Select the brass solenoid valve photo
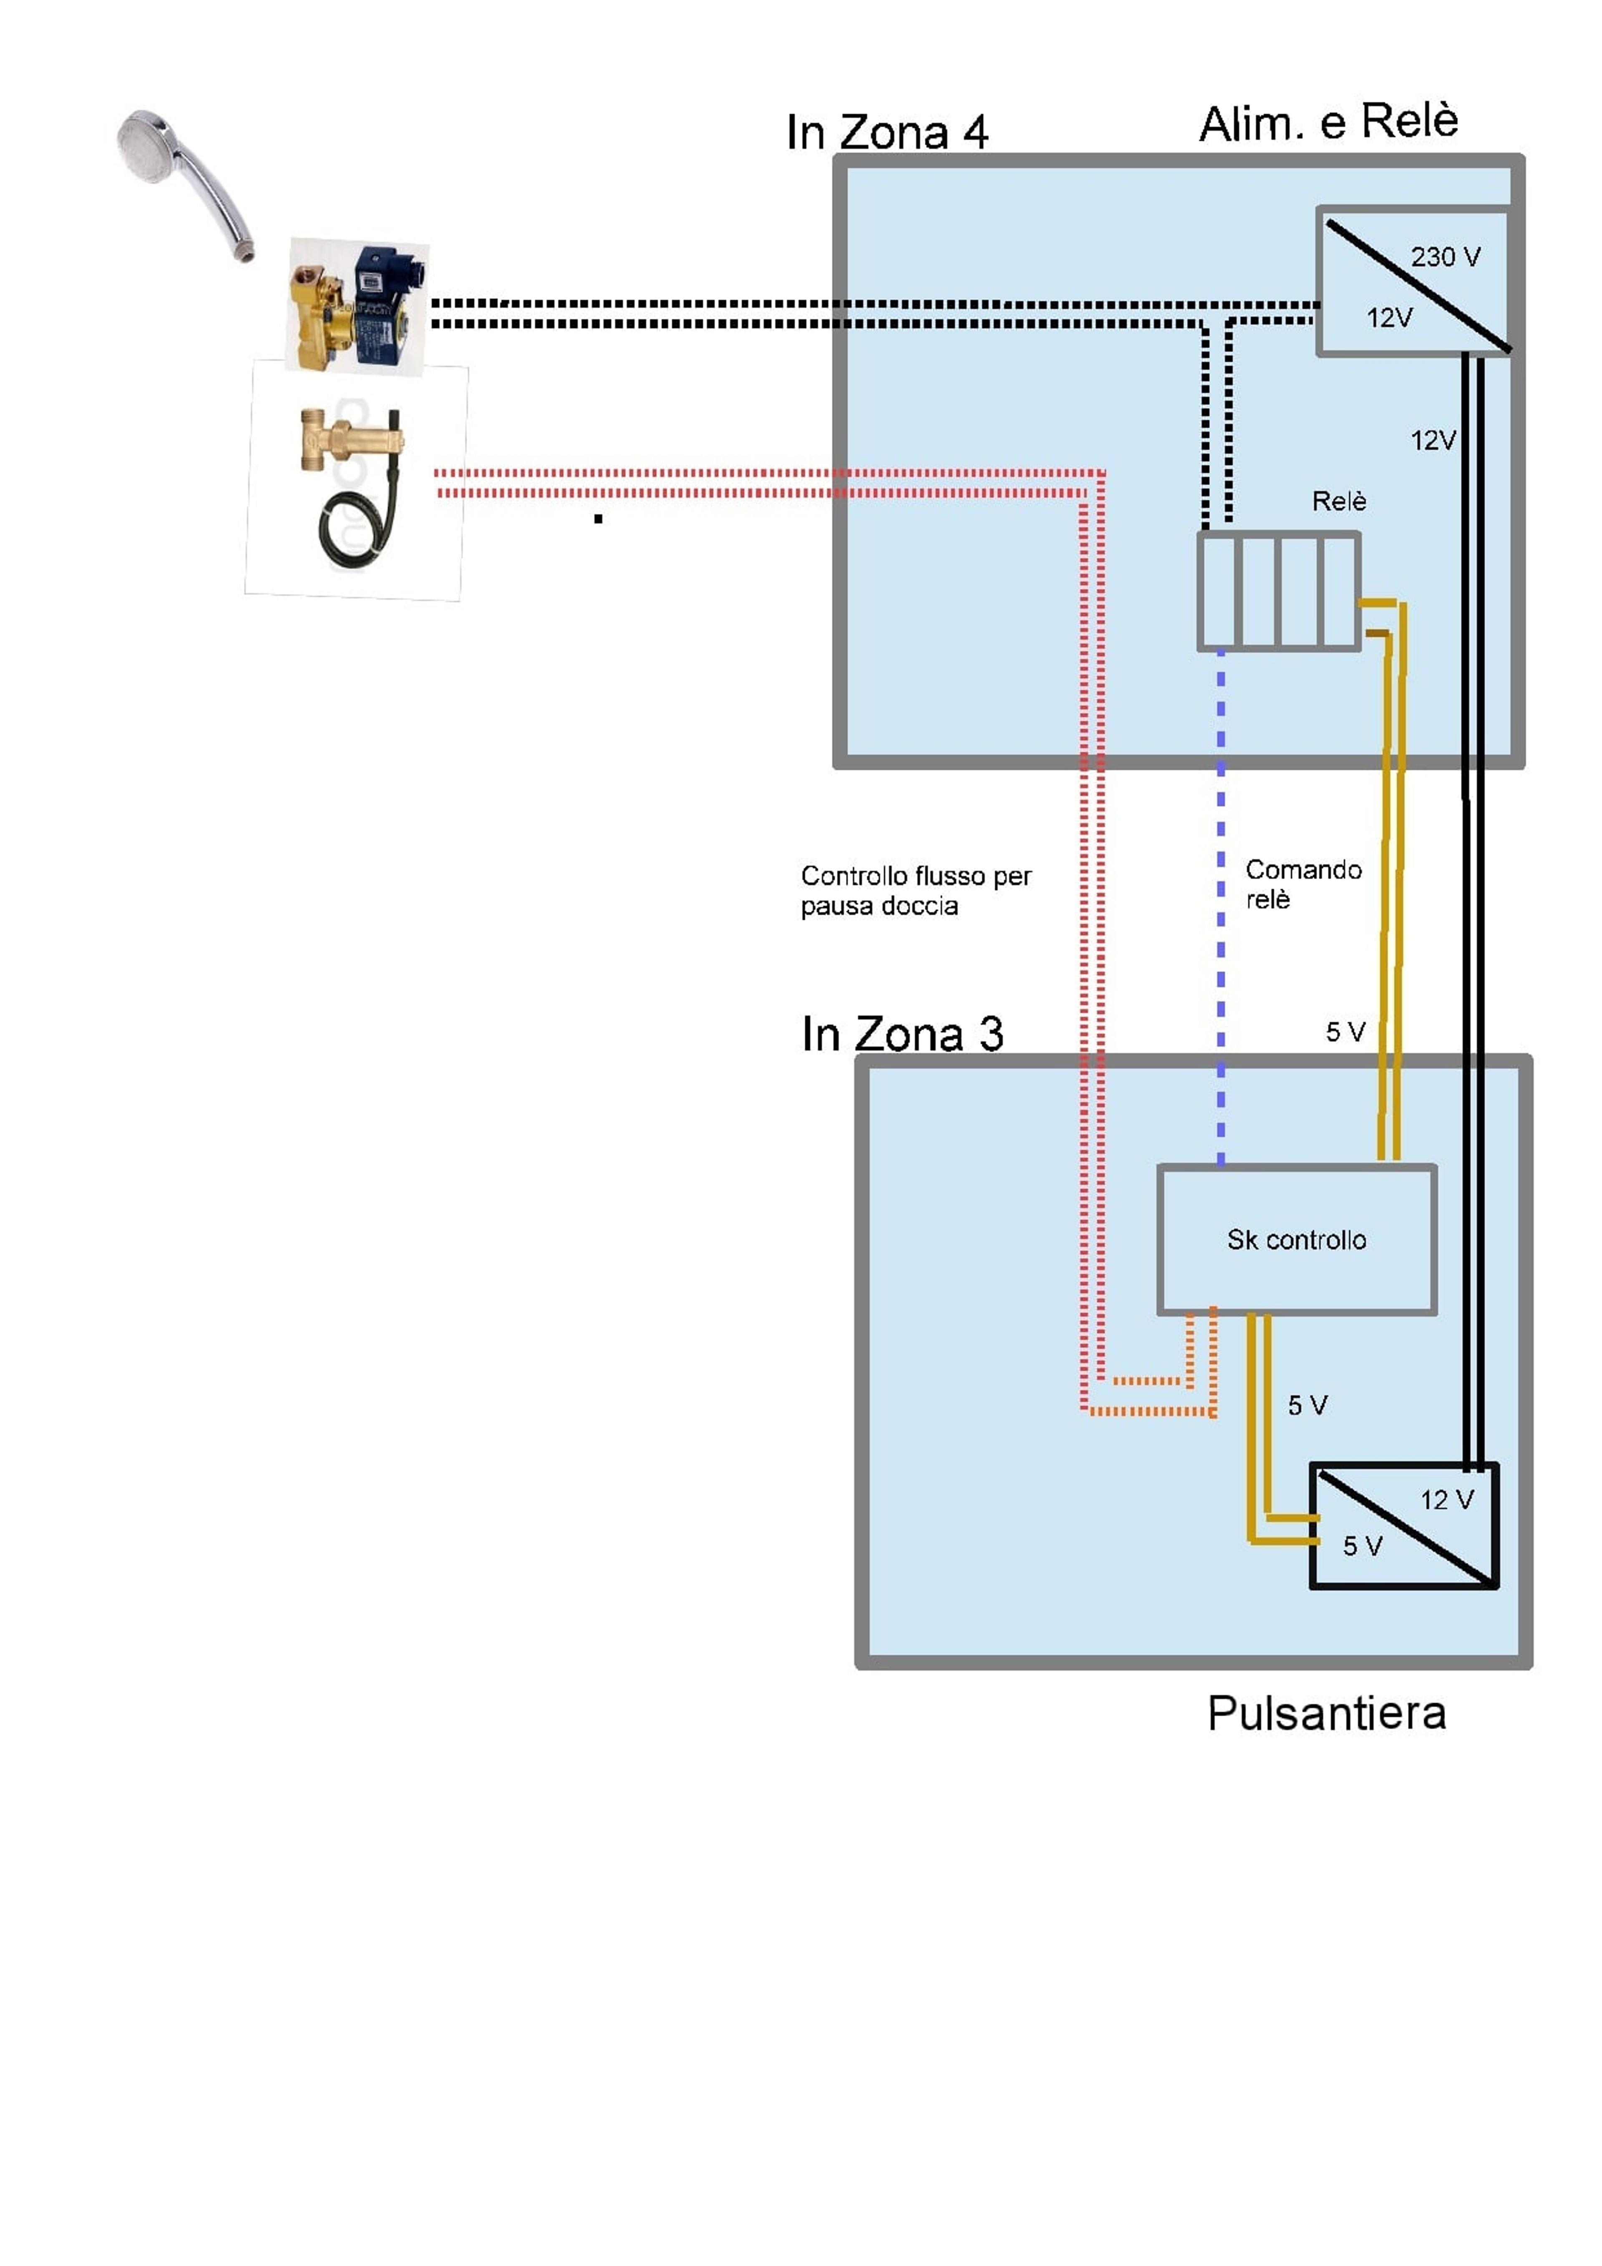coord(357,306)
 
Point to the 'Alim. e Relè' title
coord(1329,122)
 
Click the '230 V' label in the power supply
coord(1445,257)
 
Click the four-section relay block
coord(1278,591)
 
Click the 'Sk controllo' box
coord(1296,1240)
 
